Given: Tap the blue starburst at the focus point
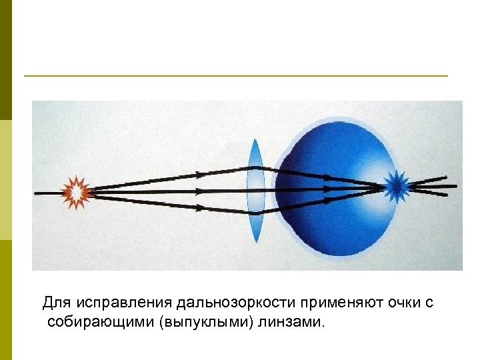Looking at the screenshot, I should click(x=397, y=186).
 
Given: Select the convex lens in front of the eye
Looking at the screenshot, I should click(x=255, y=190).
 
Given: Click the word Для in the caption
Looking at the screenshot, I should click(x=56, y=303).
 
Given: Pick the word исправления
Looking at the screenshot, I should click(x=123, y=303).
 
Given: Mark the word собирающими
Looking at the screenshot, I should click(x=97, y=323).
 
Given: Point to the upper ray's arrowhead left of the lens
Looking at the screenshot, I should click(x=200, y=175).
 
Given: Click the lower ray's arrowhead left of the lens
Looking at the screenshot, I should click(x=200, y=207).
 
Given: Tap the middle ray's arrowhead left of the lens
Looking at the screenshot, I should click(x=200, y=191).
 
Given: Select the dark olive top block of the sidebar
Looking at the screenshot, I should click(x=6, y=60).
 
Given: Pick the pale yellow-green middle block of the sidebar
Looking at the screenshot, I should click(x=6, y=180).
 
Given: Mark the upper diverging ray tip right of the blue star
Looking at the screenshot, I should click(x=443, y=178).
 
